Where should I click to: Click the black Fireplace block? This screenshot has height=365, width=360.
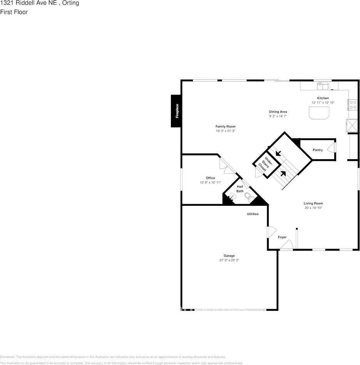click(176, 111)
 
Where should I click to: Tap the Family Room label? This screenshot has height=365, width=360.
click(225, 127)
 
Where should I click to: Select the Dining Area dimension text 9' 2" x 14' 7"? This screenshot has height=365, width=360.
click(278, 116)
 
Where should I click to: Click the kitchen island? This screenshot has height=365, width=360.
click(319, 113)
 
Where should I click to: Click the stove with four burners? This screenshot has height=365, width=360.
click(353, 104)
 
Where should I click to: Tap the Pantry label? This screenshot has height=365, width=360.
click(318, 150)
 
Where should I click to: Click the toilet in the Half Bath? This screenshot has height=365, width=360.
click(251, 198)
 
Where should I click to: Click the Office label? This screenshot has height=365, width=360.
click(210, 178)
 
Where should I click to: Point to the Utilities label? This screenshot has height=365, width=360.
click(253, 214)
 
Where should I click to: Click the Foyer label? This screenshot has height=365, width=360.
click(282, 237)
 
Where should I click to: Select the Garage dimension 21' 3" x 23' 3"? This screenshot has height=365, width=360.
click(229, 260)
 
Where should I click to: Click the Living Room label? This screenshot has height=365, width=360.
click(313, 203)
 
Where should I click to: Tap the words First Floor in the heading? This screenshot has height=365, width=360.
click(14, 12)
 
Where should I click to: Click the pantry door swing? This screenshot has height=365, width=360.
click(331, 148)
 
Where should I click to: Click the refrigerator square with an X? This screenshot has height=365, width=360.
click(352, 125)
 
